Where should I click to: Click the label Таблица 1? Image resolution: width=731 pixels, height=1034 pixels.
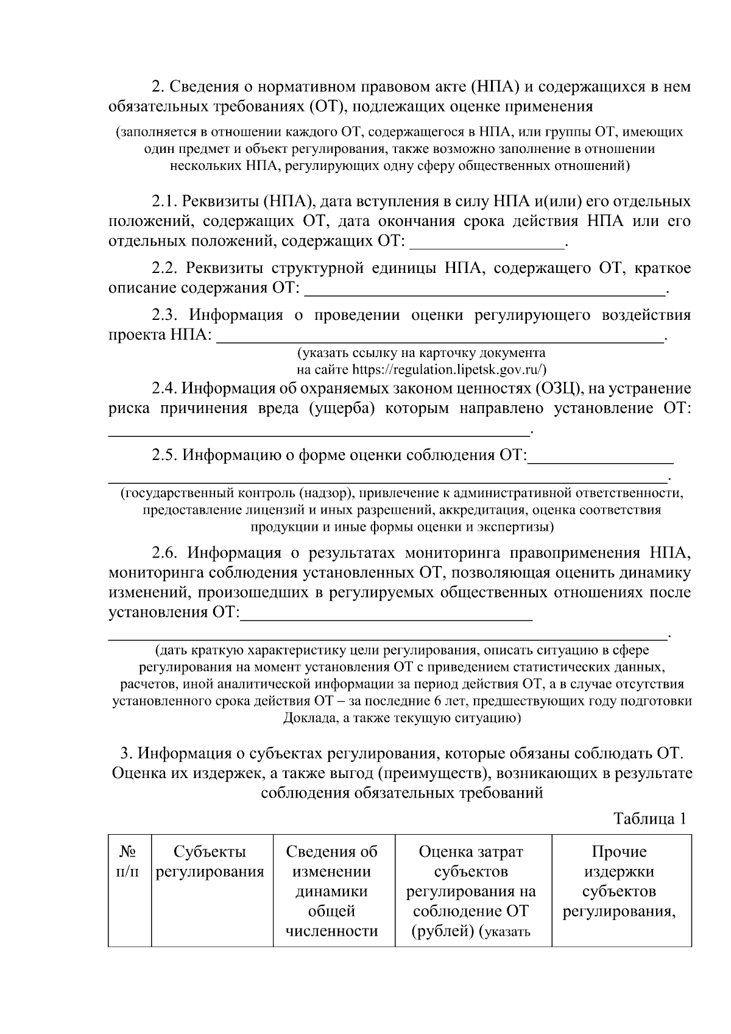click(x=649, y=818)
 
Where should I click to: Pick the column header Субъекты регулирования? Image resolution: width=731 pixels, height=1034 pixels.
click(x=210, y=862)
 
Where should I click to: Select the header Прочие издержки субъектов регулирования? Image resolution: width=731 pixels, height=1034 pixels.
click(x=619, y=881)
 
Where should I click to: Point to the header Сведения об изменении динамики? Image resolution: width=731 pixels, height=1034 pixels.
click(x=332, y=871)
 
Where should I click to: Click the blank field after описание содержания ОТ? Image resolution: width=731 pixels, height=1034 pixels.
click(x=484, y=291)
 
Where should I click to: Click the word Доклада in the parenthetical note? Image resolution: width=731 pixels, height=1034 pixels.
click(x=308, y=718)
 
